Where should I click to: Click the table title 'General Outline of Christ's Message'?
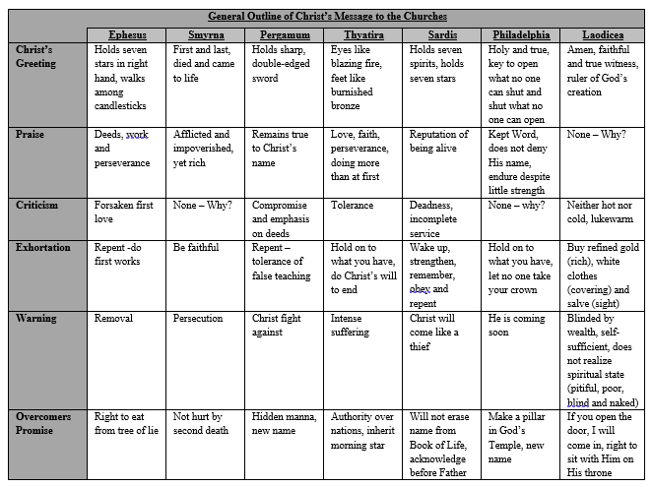[327, 17]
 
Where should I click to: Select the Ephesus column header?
[129, 34]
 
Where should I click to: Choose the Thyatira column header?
[364, 34]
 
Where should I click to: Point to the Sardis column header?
[444, 34]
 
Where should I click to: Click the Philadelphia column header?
[522, 34]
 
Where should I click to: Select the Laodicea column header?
[601, 34]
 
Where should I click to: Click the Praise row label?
[33, 135]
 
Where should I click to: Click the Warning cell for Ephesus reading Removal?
[114, 319]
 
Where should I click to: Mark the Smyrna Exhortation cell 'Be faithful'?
[196, 248]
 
